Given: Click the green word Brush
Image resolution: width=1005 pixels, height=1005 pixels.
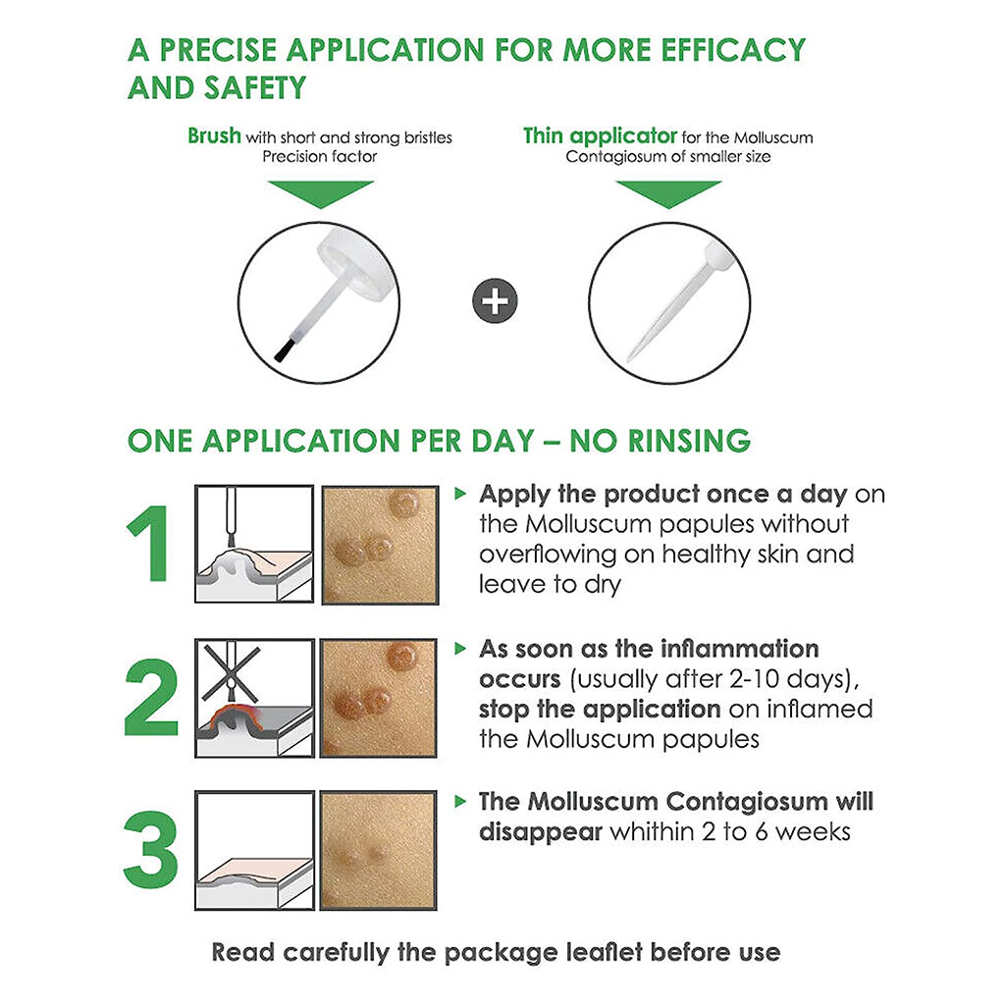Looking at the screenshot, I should pos(214,135).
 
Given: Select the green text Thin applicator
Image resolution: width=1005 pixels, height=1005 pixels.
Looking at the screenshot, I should pos(600,135).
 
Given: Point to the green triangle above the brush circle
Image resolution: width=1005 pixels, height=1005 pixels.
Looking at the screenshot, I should pos(320,192).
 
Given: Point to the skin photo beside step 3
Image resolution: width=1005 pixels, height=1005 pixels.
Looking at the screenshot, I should pos(378,850).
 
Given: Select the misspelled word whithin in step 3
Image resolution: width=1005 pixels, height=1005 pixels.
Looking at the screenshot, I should pos(654,831).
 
